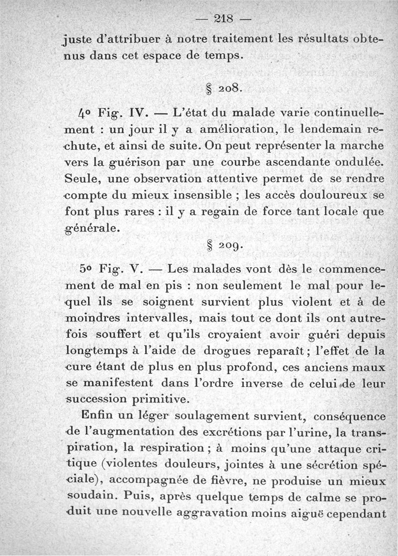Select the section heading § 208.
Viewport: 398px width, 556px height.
[x=223, y=89]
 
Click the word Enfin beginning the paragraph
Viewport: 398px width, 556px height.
[x=97, y=415]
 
